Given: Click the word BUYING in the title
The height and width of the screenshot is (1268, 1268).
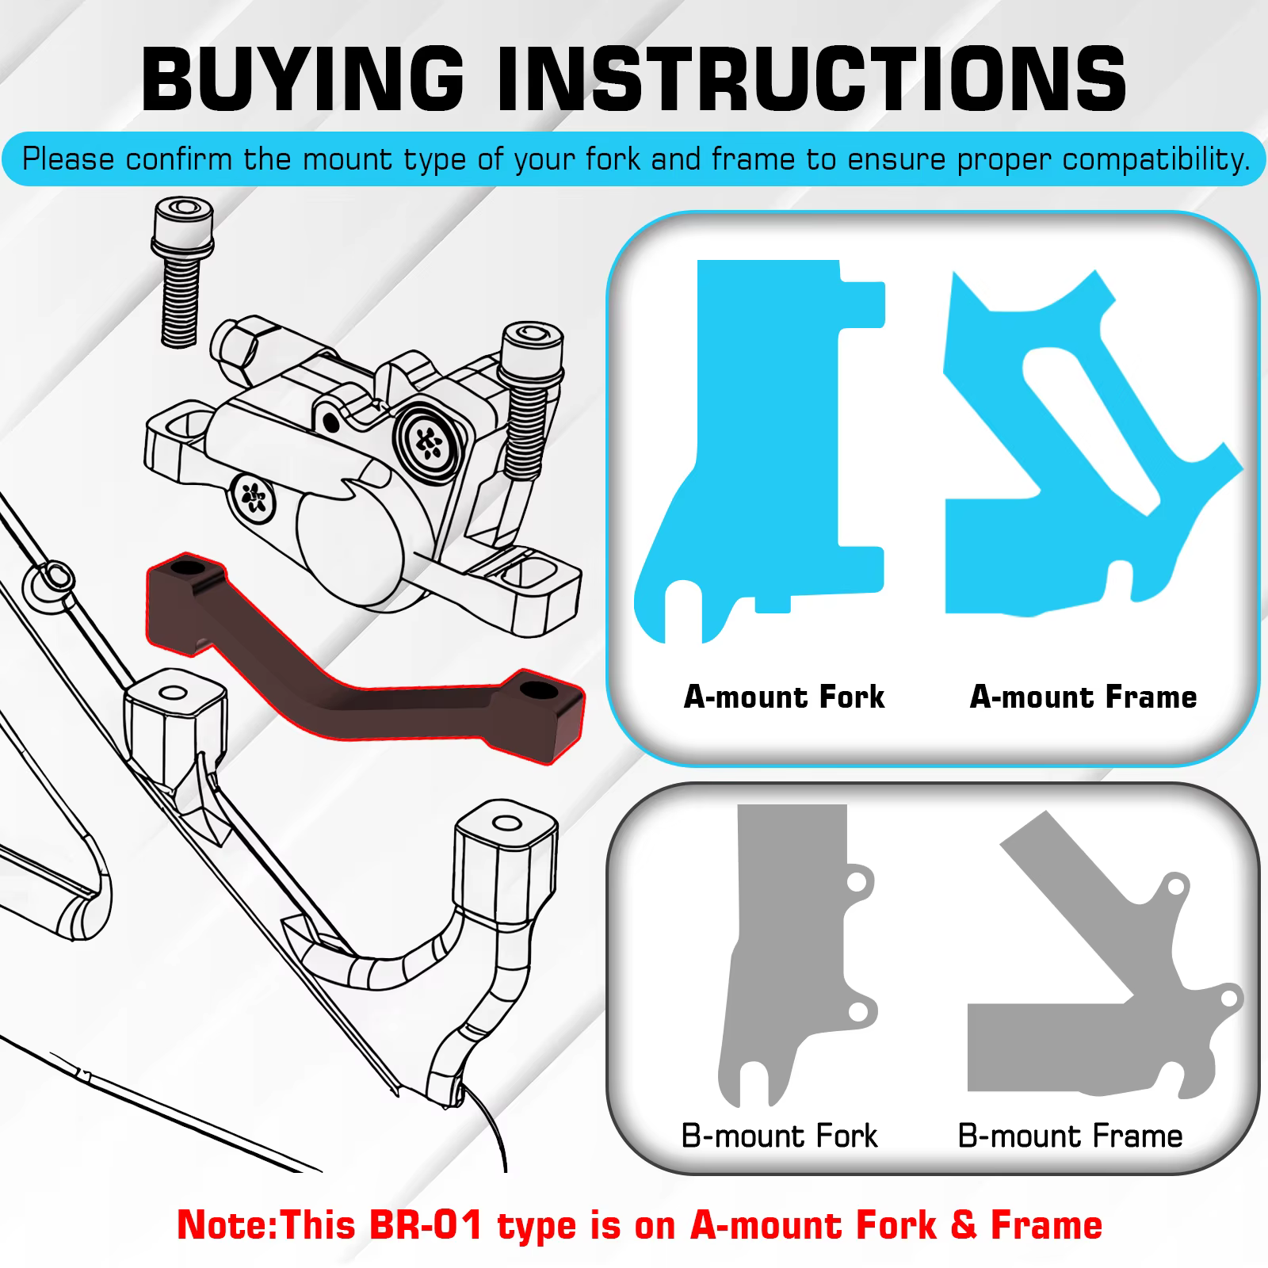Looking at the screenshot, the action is coord(302,77).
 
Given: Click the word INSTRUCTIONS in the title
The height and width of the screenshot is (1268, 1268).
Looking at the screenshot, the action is coord(811,77).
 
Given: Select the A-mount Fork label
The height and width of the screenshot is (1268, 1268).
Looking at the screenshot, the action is coord(784,697).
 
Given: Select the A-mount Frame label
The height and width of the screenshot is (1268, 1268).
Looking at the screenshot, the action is coord(1083,697).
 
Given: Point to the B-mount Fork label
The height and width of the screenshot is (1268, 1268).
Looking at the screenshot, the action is coord(779,1136).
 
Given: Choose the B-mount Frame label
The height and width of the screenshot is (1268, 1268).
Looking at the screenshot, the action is coord(1070,1136).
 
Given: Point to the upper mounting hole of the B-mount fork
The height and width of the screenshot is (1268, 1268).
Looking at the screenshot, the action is coord(855,881).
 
